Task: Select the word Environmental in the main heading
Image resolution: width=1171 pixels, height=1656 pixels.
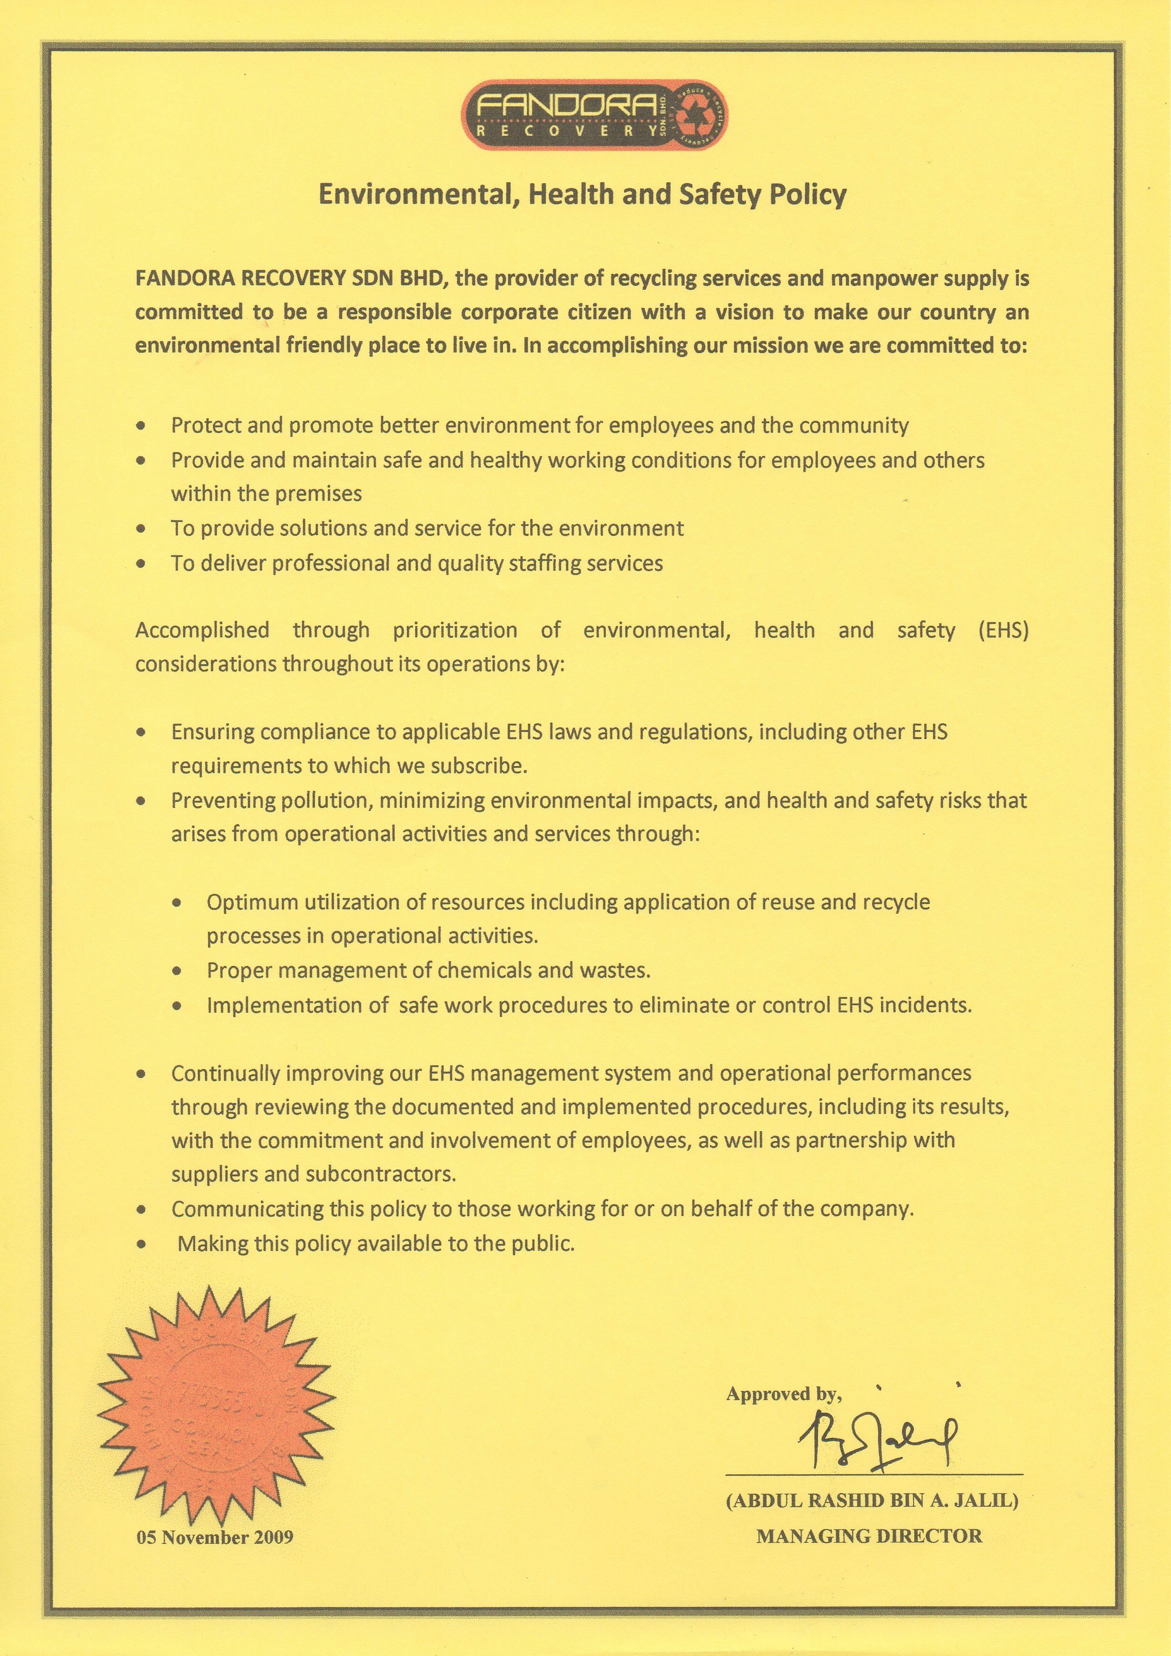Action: [x=414, y=195]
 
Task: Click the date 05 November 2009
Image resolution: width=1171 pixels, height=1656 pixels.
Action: [x=215, y=1537]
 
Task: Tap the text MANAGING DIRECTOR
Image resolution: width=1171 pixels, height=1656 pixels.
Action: [x=869, y=1536]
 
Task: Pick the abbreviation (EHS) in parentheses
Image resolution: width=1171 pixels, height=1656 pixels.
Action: [x=1003, y=631]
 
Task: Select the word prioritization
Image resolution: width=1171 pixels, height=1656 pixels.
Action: [x=454, y=631]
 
